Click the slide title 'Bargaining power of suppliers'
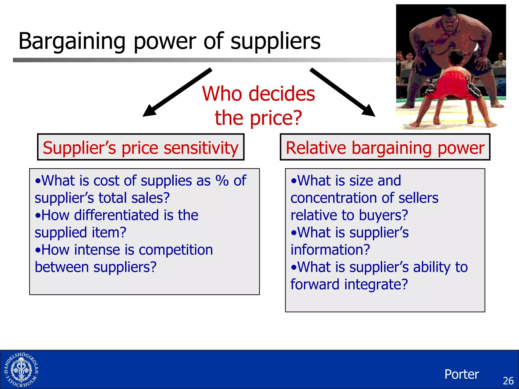click(169, 41)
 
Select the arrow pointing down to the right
click(342, 92)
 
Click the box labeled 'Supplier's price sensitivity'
click(141, 147)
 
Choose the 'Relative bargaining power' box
click(385, 147)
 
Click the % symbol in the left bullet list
click(222, 181)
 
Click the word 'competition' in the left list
click(176, 250)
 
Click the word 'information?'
click(330, 250)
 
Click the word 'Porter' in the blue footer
click(461, 374)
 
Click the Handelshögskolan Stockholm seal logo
click(21, 370)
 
